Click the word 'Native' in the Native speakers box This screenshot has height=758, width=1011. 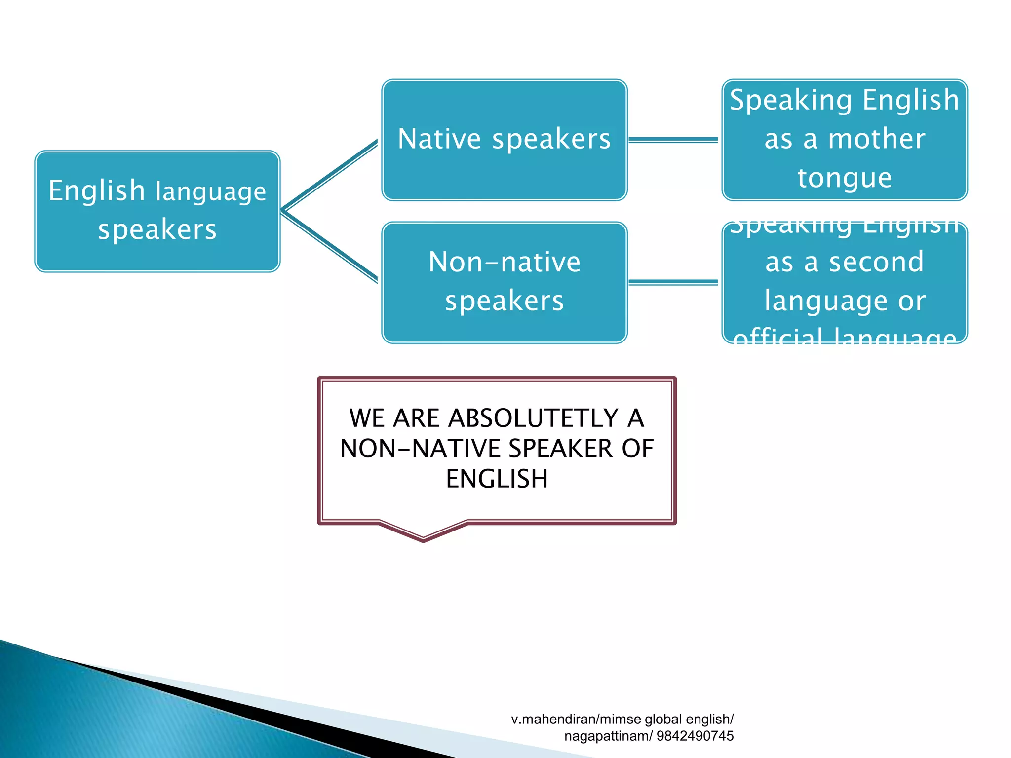439,139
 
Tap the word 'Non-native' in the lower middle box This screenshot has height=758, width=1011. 504,262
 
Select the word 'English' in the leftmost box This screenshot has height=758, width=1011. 97,191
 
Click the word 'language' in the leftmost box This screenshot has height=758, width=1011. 211,192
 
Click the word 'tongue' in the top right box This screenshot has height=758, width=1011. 845,178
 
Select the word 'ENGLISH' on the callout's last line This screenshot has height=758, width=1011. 497,479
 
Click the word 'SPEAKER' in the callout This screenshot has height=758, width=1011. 561,449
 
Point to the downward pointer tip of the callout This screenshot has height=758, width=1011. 424,539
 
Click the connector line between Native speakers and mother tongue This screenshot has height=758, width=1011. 673,140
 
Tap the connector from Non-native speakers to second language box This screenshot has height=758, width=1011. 673,282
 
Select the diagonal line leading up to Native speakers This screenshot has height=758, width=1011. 330,176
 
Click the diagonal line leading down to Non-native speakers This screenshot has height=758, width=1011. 330,247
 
